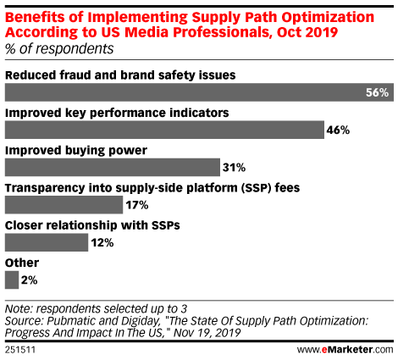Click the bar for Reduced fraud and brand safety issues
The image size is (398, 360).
[x=199, y=92]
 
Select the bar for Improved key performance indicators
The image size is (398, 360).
[x=164, y=130]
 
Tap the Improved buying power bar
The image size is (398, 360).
[x=113, y=168]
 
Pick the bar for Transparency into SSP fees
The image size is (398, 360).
[x=64, y=205]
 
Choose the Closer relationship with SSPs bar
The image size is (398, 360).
[x=47, y=242]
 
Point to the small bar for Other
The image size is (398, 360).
[x=12, y=280]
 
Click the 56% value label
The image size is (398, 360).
[x=377, y=92]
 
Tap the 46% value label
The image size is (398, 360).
[x=338, y=130]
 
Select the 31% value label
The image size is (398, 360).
[x=234, y=168]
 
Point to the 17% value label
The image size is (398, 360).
[x=137, y=205]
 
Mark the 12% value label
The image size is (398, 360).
[x=102, y=242]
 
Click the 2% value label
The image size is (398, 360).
[x=30, y=280]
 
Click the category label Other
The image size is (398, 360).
[x=22, y=263]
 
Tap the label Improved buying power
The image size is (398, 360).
[x=76, y=151]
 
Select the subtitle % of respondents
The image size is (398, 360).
[x=59, y=49]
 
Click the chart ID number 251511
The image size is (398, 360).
[x=20, y=350]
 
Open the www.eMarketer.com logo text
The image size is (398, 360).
[x=345, y=350]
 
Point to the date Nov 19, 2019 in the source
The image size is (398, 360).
[x=207, y=333]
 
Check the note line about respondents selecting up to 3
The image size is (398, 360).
[x=96, y=308]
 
